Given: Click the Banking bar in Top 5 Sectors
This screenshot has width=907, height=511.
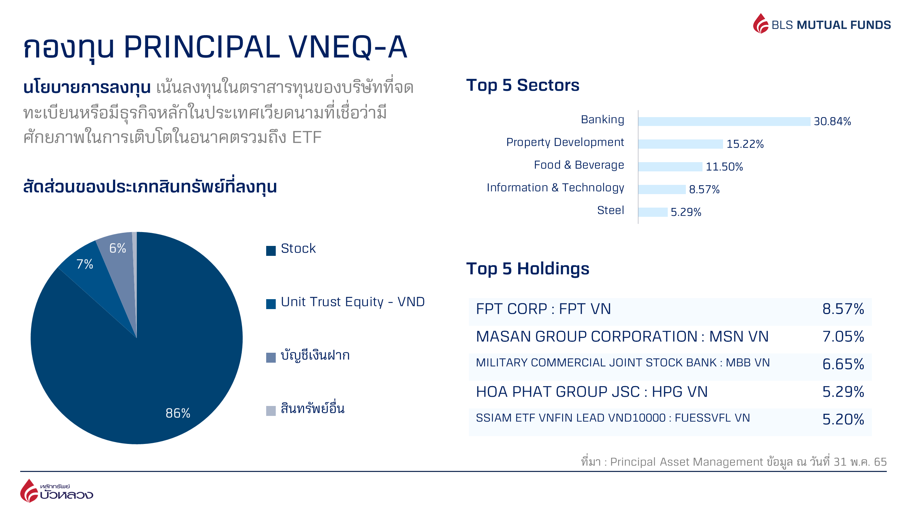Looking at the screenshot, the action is pyautogui.click(x=724, y=121).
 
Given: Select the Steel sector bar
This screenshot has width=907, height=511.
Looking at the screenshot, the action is pyautogui.click(x=653, y=212).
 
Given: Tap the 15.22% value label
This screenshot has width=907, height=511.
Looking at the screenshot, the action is pyautogui.click(x=745, y=144).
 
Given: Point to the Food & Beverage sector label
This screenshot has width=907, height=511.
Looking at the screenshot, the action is pyautogui.click(x=579, y=165).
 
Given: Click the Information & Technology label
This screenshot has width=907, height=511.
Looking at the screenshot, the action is pyautogui.click(x=555, y=188).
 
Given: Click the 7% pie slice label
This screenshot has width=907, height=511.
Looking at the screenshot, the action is pyautogui.click(x=85, y=264).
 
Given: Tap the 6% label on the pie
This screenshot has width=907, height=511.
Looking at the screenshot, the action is pyautogui.click(x=117, y=248).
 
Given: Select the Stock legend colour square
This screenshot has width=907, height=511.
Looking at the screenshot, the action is pyautogui.click(x=271, y=251).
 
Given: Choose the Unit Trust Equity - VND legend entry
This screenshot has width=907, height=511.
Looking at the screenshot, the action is pyautogui.click(x=346, y=302).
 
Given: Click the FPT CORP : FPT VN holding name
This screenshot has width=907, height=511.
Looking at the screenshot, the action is pyautogui.click(x=543, y=309).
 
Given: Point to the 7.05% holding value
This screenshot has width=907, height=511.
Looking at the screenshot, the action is pyautogui.click(x=843, y=336).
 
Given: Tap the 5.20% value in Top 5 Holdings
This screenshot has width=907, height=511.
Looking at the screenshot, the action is pyautogui.click(x=843, y=419).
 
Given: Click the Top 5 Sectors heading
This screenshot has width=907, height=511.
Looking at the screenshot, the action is pyautogui.click(x=523, y=85).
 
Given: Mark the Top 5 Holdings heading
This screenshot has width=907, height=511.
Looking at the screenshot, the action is pyautogui.click(x=528, y=269).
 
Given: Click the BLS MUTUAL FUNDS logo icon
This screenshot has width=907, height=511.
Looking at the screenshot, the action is pyautogui.click(x=761, y=23).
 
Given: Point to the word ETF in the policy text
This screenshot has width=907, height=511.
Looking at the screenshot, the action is pyautogui.click(x=307, y=137).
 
